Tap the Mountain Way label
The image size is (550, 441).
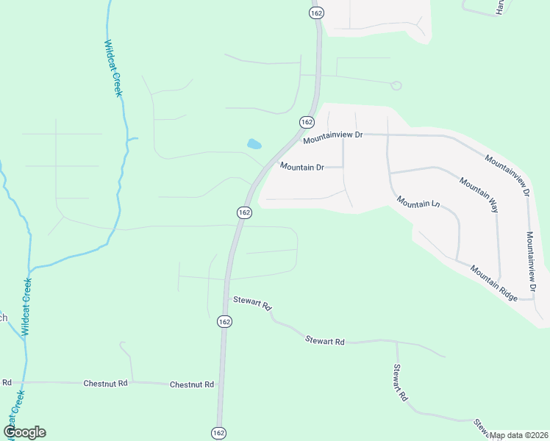[x=479, y=195]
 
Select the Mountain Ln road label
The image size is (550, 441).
[x=418, y=201]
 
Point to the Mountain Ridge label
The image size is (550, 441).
[x=494, y=282]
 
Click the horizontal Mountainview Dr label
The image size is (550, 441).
[x=333, y=136]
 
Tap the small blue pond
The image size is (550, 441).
[x=254, y=144]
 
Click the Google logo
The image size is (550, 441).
[x=25, y=432]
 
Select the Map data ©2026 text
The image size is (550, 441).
[x=519, y=435]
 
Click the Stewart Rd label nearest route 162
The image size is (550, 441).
[x=252, y=302]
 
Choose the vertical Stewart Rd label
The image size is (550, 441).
[x=400, y=383]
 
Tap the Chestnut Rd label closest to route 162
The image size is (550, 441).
[x=191, y=384]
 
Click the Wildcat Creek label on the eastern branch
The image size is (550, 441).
[x=112, y=68]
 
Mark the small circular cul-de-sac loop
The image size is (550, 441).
[x=396, y=85]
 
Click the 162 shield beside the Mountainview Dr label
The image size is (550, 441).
[x=307, y=121]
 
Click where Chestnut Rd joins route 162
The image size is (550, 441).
[x=220, y=384]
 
